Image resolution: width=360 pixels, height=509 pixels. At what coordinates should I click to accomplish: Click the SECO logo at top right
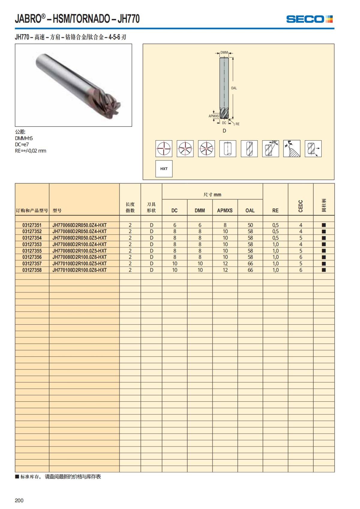click(309, 19)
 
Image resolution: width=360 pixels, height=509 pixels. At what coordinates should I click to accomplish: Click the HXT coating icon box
click(164, 169)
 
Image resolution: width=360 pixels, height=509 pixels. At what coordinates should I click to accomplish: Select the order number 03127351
click(32, 225)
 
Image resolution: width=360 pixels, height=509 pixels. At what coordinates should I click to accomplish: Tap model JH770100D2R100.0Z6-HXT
click(79, 270)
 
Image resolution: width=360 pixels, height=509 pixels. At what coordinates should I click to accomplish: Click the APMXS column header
click(225, 211)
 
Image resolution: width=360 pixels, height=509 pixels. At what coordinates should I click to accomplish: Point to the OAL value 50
click(250, 225)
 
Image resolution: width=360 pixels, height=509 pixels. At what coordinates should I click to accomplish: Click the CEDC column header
click(301, 206)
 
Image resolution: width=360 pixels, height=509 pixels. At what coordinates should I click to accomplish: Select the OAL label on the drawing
click(234, 88)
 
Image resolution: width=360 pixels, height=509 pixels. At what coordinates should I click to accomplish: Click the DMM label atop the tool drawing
click(224, 52)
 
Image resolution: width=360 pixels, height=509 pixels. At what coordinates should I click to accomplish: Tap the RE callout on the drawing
click(237, 124)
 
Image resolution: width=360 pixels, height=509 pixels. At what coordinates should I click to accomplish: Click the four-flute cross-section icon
click(164, 148)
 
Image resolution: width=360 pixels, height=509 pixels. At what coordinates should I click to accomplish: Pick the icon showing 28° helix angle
click(270, 148)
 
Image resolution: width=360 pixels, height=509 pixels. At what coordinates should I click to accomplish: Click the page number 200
click(19, 500)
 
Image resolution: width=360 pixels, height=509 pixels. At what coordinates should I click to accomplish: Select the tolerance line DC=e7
click(22, 145)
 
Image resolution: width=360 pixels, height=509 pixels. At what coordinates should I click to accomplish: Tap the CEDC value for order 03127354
click(301, 238)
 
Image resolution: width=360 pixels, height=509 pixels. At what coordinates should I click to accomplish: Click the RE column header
click(275, 211)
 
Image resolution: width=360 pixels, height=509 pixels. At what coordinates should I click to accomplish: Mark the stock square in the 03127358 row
click(324, 270)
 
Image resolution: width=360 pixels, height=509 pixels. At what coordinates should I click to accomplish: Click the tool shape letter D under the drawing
click(224, 131)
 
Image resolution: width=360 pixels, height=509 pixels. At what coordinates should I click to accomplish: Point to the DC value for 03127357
click(175, 264)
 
